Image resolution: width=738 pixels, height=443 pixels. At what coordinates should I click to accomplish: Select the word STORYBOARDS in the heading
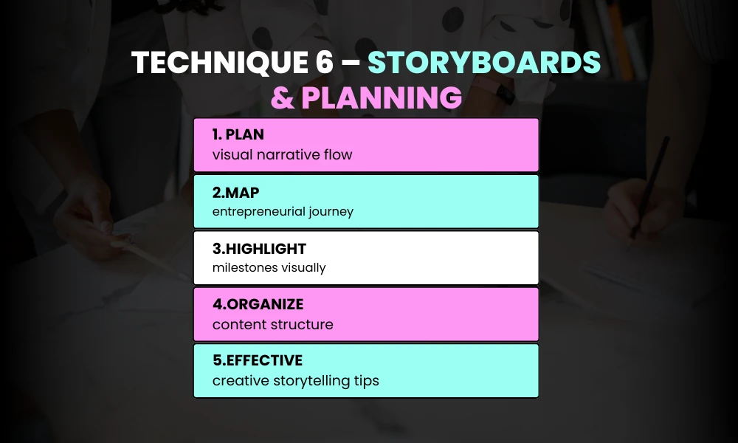pos(484,64)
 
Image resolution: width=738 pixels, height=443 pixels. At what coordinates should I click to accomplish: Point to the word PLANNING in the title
pos(382,97)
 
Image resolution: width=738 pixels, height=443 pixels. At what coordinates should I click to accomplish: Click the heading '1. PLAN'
pos(238,135)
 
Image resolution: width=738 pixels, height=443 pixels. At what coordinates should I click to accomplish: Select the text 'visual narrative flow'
pos(282,155)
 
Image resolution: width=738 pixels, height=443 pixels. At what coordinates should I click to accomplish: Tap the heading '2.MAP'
pos(235,192)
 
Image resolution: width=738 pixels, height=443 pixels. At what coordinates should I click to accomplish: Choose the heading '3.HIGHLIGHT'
pos(259,248)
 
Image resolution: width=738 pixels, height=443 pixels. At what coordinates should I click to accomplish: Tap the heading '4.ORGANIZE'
pos(258,304)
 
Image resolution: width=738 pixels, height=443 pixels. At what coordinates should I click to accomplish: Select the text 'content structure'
pos(272,325)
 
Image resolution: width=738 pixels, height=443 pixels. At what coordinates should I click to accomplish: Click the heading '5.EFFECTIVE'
pos(257,360)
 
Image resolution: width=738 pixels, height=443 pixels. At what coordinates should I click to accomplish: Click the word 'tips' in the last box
pos(366,381)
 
